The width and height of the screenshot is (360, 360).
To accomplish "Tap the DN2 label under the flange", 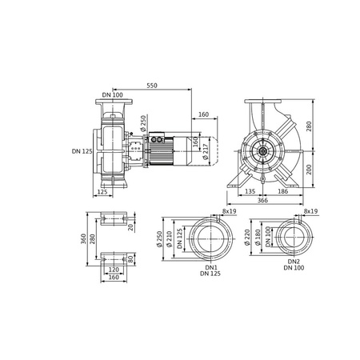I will click(x=294, y=263).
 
